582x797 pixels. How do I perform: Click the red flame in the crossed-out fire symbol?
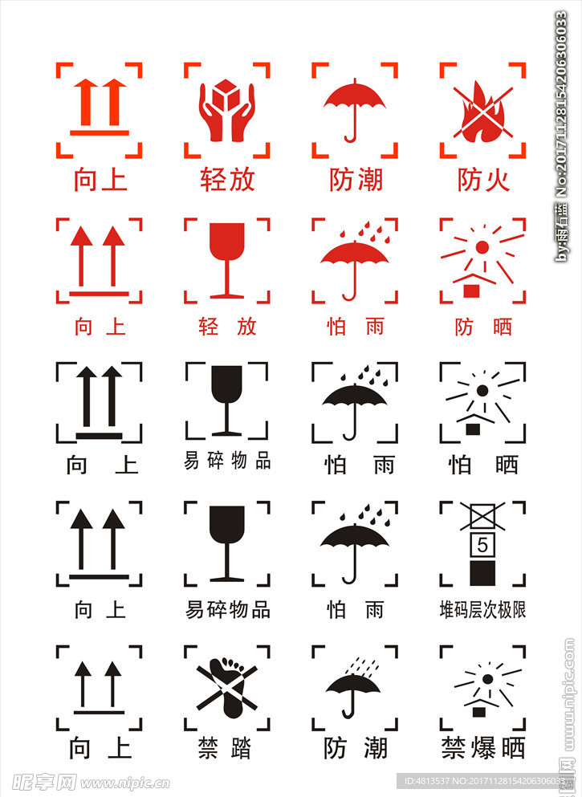pos(482,113)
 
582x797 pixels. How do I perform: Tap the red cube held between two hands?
pos(226,94)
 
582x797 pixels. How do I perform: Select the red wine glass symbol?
pos(226,260)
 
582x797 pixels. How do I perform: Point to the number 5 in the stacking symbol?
pos(482,546)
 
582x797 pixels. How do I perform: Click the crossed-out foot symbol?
pos(226,687)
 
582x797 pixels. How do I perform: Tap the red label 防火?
pos(483,180)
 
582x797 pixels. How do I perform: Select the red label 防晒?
pos(483,327)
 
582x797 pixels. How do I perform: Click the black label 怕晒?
pos(483,465)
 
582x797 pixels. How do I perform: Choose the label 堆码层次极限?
pos(482,609)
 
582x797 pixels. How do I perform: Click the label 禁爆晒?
pos(483,748)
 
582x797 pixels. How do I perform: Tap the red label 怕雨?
pos(356,327)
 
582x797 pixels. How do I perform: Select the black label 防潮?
pos(356,748)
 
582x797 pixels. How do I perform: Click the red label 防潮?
pos(356,180)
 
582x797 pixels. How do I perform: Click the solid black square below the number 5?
pos(482,573)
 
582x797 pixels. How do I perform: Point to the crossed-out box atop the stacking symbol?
pos(482,517)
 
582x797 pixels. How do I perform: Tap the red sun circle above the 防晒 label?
pos(482,247)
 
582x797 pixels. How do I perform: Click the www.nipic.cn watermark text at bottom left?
pos(125,783)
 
